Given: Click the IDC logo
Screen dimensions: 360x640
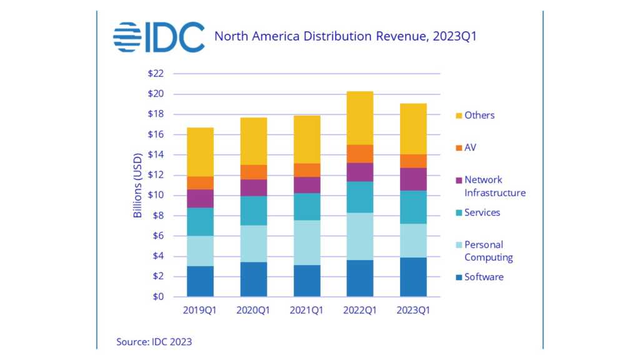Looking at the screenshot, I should coord(159,37).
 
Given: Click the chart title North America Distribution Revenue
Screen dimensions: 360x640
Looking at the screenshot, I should coord(346,36).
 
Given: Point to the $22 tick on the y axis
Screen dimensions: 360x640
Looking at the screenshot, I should coord(156,74).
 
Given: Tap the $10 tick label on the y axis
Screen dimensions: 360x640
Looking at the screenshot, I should coord(156,195).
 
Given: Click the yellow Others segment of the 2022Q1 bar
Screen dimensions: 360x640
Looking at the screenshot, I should coord(360,118).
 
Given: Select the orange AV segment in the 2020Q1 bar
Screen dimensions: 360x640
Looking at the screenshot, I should coord(253,172).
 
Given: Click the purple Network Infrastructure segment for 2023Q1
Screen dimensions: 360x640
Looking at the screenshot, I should coord(413,179).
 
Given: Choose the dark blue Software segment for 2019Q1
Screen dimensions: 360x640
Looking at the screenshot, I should coord(200,281).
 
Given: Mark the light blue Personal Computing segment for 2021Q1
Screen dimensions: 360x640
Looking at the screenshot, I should coord(307,242).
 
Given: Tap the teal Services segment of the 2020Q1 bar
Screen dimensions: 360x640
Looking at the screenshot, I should coord(253,211).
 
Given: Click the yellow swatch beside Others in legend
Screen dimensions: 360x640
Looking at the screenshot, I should coord(458,116).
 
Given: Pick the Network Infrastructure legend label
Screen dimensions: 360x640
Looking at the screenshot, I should coord(494,186).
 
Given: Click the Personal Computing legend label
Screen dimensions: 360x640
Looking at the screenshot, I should coord(487,251).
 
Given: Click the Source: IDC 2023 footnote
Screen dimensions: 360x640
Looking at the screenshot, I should coord(154,342).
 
